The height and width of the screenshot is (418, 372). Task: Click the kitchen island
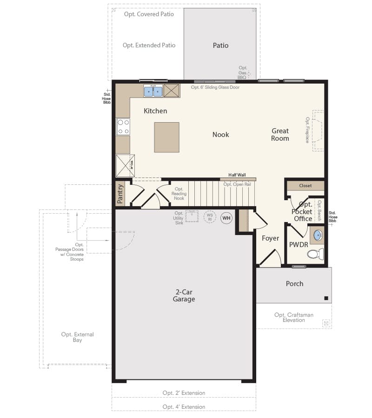coord(166,137)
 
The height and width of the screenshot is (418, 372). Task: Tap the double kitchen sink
coord(153,91)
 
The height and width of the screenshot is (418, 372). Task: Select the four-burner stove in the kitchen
coord(123,126)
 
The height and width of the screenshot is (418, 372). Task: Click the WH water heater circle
coord(226,218)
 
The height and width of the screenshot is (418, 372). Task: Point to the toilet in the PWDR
coord(316,254)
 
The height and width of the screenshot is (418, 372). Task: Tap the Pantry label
coord(120,194)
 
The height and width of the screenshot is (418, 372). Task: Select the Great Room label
coord(280,135)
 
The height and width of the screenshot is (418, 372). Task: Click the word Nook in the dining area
coord(221,135)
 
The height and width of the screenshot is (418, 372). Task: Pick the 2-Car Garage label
coord(185,295)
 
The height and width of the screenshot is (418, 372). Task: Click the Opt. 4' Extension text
coord(184,407)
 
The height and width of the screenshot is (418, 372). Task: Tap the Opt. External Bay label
coord(77,337)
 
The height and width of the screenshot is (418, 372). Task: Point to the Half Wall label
coord(237,175)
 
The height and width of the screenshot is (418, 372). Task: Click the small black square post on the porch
coord(326,298)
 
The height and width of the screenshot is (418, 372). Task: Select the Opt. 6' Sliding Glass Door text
coord(215,87)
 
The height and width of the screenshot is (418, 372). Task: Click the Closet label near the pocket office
coord(306,186)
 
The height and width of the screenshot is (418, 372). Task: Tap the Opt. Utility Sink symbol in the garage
coord(192,216)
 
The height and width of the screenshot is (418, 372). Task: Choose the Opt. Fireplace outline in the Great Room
coord(318,130)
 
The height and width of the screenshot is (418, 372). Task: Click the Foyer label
coord(270,238)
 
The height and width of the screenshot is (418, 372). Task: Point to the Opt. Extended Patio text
coord(149,46)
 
